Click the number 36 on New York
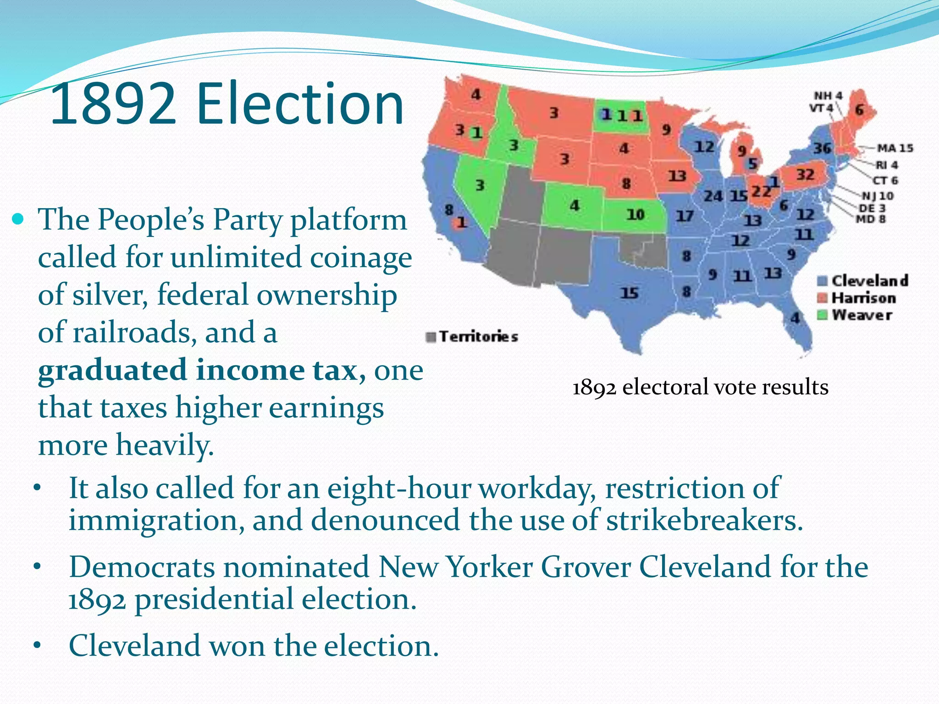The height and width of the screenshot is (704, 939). (823, 148)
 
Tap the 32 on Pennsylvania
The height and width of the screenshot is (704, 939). (805, 175)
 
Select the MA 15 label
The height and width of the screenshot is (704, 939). (895, 148)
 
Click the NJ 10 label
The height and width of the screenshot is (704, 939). (878, 196)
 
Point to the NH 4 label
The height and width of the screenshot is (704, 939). (828, 96)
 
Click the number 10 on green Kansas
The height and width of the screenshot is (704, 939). (635, 214)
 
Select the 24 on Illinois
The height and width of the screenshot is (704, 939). (713, 196)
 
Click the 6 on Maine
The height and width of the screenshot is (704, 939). (859, 110)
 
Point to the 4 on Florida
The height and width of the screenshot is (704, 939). (795, 317)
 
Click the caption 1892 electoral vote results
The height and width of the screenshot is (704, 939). (700, 387)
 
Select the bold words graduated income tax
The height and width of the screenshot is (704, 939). (197, 370)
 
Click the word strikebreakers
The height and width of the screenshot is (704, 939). (704, 521)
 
